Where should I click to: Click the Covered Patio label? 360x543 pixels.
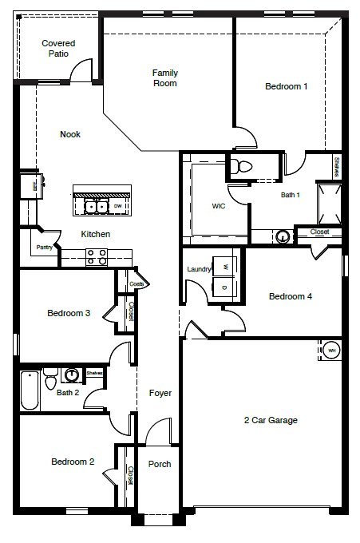(58, 49)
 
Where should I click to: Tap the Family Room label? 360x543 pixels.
(165, 77)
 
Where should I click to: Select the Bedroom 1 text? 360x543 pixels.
(287, 86)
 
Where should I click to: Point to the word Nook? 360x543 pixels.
(70, 134)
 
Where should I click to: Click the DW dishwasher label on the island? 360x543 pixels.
(117, 207)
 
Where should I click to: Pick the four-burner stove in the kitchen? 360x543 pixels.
(97, 256)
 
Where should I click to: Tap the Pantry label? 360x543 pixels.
(45, 248)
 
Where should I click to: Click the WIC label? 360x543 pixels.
(219, 205)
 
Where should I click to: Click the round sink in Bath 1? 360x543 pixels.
(282, 236)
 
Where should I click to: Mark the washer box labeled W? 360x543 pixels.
(225, 267)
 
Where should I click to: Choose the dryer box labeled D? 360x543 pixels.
(225, 287)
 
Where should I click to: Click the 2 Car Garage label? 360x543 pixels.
(271, 420)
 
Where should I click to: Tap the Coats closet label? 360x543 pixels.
(136, 283)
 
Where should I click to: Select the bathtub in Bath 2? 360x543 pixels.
(30, 390)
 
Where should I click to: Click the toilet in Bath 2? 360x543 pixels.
(50, 375)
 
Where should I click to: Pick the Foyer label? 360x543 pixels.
(160, 393)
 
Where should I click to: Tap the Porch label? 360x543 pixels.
(160, 464)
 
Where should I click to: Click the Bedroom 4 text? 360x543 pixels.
(290, 296)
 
